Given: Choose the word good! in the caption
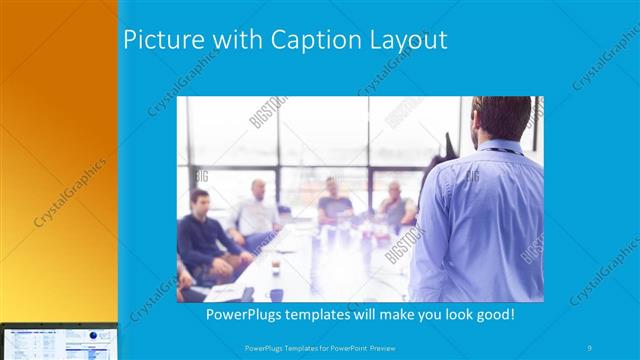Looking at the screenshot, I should click(493, 314).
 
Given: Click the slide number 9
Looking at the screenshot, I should click(590, 347).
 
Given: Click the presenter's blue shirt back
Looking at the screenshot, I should click(480, 220).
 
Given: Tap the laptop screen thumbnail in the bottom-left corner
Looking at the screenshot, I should click(58, 342).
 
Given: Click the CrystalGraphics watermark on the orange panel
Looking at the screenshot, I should click(70, 190).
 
